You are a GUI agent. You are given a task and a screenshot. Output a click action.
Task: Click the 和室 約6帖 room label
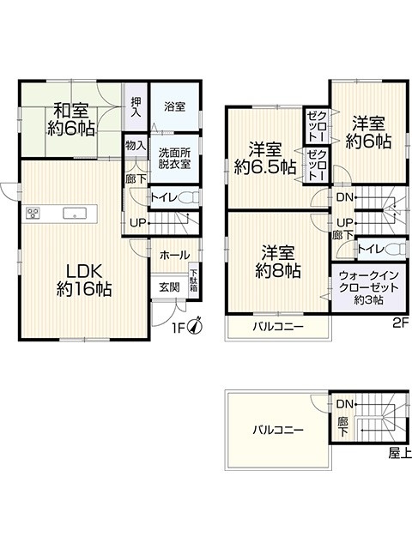(x=71, y=120)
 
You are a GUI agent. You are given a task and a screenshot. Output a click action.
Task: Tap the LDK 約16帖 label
(x=84, y=280)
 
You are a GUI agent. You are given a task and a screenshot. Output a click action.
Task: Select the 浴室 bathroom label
(x=174, y=106)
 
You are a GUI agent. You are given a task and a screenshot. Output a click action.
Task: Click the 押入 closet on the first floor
(x=136, y=106)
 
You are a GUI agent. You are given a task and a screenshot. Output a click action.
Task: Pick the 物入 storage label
(x=136, y=145)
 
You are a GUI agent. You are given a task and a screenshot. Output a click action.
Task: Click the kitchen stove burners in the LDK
(x=33, y=213)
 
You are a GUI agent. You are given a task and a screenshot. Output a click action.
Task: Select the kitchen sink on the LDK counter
(x=75, y=214)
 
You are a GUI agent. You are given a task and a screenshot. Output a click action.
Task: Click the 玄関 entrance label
(x=170, y=287)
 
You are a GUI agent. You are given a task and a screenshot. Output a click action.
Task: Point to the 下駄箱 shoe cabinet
(x=193, y=281)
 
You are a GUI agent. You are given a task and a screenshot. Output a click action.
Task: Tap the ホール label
(x=174, y=256)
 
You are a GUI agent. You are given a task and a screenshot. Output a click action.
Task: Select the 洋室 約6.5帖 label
(x=265, y=159)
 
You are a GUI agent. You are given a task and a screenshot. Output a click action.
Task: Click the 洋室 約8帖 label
(x=278, y=262)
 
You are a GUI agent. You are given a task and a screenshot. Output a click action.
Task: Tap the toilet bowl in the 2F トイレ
(x=395, y=249)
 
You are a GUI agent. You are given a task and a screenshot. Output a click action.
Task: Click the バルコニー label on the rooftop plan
(x=278, y=430)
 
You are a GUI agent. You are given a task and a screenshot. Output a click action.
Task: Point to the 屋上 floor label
(x=400, y=453)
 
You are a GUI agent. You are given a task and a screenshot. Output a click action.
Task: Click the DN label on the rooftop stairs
(x=344, y=404)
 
